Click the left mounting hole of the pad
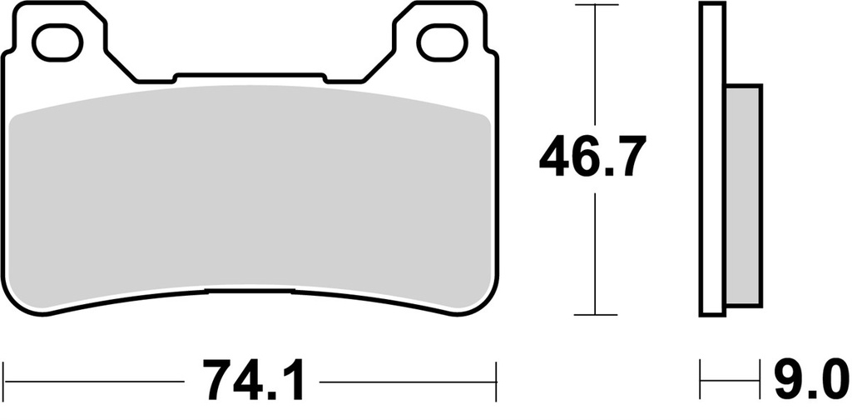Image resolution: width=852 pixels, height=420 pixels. tap(62, 42)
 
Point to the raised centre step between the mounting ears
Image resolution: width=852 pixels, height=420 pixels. tap(250, 77)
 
